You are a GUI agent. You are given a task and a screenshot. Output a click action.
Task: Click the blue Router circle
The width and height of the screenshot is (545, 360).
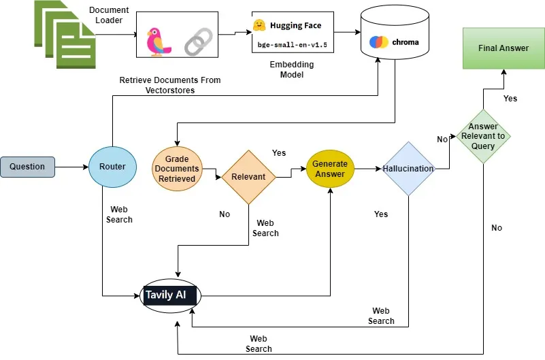tap(112, 166)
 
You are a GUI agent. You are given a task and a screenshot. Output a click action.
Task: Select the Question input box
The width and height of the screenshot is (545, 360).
tap(27, 166)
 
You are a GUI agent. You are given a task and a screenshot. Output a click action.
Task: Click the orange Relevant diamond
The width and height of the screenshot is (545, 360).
tap(248, 177)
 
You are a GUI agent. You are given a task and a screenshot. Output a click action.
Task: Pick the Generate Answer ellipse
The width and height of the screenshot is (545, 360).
tap(329, 169)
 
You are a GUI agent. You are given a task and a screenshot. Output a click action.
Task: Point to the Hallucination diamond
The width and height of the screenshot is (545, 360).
tap(408, 169)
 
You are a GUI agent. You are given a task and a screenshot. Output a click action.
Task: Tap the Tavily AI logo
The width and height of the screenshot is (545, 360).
tap(171, 295)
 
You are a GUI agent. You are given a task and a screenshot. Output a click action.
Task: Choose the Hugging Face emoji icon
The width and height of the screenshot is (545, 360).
tap(259, 25)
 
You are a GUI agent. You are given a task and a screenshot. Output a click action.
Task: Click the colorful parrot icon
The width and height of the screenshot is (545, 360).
tap(159, 42)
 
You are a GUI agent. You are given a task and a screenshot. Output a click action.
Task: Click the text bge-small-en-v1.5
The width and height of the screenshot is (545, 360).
tap(288, 44)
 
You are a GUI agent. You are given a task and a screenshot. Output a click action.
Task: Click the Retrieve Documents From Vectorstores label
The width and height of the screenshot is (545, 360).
tap(170, 84)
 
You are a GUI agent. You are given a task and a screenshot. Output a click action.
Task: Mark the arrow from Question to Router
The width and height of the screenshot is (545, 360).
tap(71, 166)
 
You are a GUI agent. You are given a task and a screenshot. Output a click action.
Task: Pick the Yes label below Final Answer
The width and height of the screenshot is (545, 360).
tap(510, 99)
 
